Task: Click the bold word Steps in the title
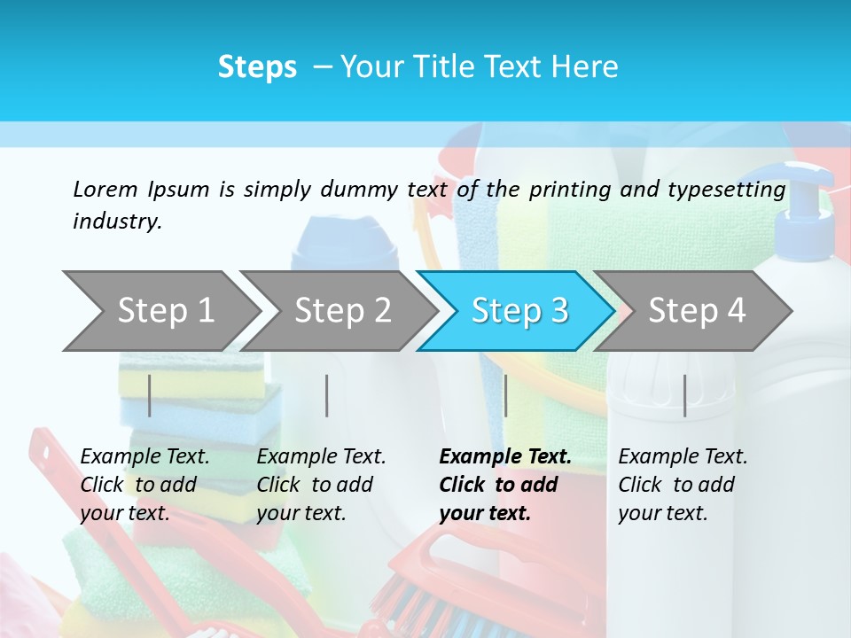[257, 67]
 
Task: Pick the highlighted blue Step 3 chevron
[519, 311]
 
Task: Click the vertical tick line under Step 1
[150, 395]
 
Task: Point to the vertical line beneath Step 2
[327, 395]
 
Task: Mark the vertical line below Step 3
[505, 395]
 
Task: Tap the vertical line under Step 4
[684, 395]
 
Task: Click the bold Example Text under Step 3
[505, 457]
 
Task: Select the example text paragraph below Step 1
[144, 485]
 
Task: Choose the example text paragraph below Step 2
[321, 485]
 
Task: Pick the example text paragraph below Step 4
[683, 485]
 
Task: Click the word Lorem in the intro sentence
[105, 189]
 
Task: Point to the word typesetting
[734, 190]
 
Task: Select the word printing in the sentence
[573, 190]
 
